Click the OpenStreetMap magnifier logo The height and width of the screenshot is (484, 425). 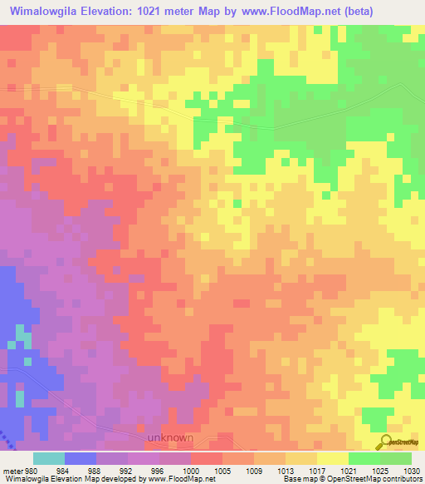pos(385,442)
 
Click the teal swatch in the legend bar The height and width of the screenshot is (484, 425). pos(49,458)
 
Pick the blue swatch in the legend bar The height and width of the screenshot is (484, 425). pos(81,458)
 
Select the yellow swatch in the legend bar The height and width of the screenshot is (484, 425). pos(333,458)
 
